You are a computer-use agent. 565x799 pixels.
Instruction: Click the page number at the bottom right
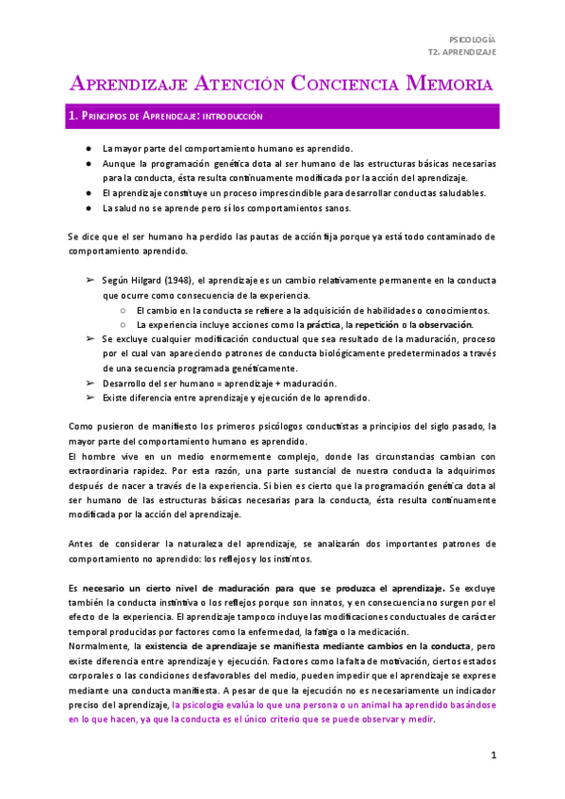pos(492,757)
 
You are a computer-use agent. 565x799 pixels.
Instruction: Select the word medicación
pos(385,630)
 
